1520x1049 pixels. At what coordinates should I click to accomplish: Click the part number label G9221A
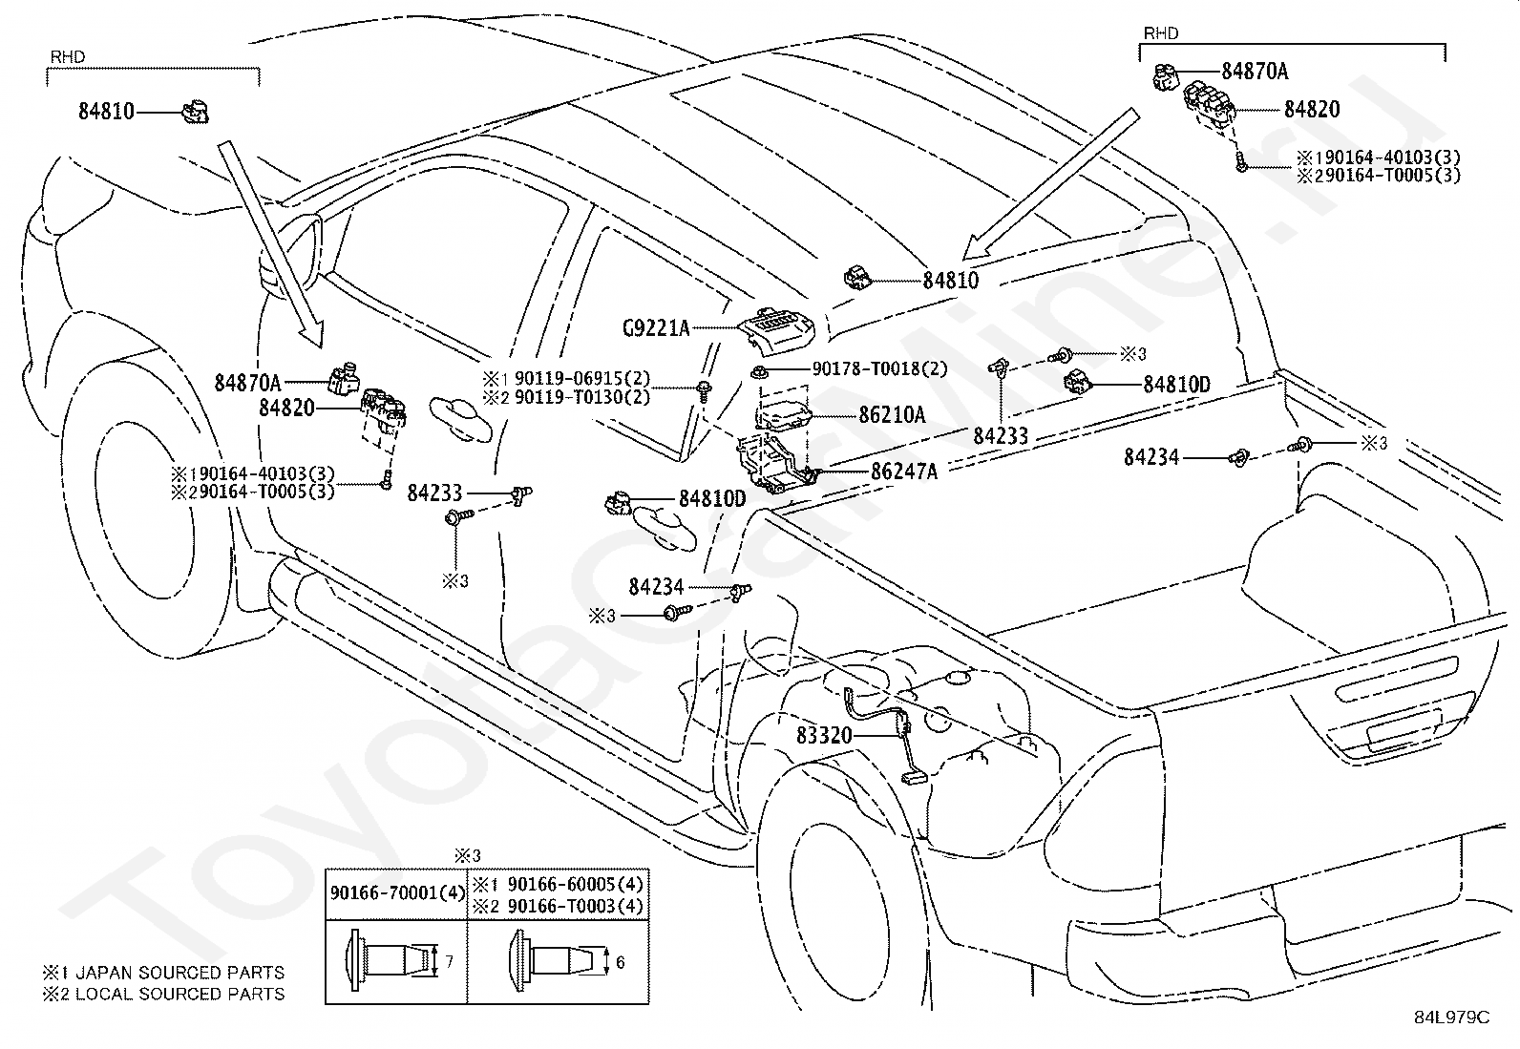(655, 329)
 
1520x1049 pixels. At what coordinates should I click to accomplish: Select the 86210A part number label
(892, 415)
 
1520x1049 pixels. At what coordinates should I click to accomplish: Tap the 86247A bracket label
(903, 471)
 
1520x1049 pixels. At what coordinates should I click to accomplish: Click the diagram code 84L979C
(1451, 1017)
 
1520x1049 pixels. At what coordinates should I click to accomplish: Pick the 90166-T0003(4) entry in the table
(575, 906)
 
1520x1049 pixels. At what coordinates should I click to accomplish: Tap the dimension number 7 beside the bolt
(449, 962)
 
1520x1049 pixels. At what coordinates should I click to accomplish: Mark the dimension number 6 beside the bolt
(620, 962)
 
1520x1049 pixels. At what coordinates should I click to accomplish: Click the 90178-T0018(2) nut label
(879, 369)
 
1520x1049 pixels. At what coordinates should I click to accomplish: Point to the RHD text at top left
(67, 57)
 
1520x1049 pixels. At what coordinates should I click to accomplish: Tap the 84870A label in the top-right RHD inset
(1255, 71)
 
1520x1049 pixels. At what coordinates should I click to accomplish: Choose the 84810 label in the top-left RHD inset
(106, 112)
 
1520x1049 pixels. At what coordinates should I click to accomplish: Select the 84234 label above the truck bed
(1151, 457)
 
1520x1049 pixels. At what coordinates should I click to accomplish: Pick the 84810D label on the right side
(1176, 385)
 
